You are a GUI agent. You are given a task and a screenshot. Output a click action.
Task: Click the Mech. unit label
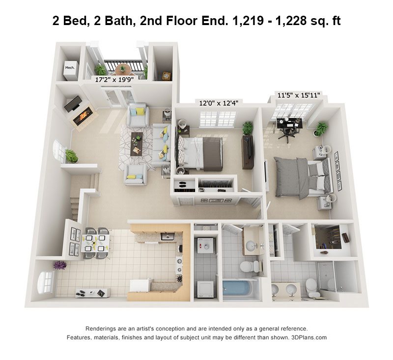coord(70,68)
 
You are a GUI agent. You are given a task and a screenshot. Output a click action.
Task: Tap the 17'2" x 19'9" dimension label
coord(114,80)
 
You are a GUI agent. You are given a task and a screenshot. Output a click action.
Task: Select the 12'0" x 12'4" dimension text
coord(219,103)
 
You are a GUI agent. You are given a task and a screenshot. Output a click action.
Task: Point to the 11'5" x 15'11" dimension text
coord(299,95)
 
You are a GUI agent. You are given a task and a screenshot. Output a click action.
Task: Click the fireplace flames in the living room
coord(84,115)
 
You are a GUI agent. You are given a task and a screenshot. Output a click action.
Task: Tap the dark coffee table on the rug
coord(137,144)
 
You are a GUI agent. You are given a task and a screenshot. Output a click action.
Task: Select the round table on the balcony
coord(122,69)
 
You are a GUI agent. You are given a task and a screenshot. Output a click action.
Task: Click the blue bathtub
coord(238,288)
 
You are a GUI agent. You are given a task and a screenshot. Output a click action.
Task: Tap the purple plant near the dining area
coord(60,265)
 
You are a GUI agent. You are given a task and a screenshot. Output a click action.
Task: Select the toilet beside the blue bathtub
coord(251,266)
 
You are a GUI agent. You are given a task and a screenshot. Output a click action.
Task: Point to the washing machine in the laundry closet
coord(205,246)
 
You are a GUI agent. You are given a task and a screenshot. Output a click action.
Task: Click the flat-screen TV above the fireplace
coord(73,103)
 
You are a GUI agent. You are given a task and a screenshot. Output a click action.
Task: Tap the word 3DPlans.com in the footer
coord(309,337)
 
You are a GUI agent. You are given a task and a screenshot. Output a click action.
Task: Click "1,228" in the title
coord(291,21)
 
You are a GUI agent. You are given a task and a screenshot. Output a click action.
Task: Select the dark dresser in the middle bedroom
coord(248,152)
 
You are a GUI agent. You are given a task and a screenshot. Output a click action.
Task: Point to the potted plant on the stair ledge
coord(71,156)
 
